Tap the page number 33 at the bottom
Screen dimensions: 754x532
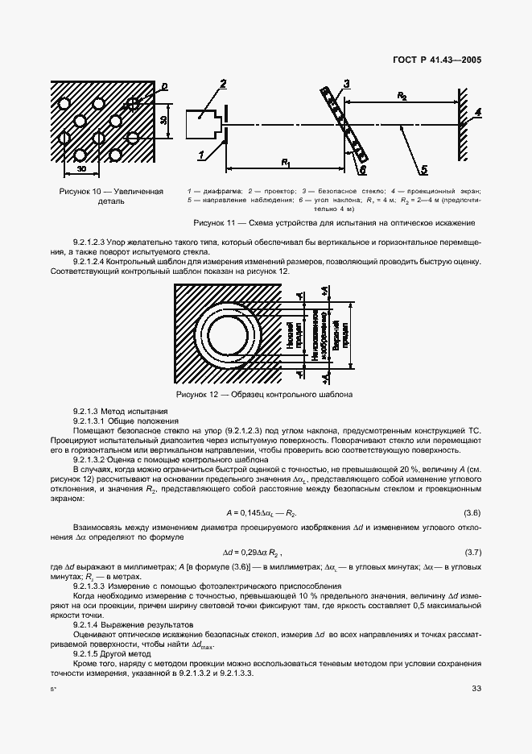pyautogui.click(x=475, y=687)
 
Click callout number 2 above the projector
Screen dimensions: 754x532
pyautogui.click(x=223, y=84)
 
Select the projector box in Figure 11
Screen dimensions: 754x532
pyautogui.click(x=202, y=126)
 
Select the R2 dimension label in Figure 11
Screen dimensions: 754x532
pyautogui.click(x=402, y=95)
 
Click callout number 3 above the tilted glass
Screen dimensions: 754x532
pyautogui.click(x=345, y=84)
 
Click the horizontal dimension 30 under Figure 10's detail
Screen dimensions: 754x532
pyautogui.click(x=81, y=170)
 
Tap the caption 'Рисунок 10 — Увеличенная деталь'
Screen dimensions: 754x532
pyautogui.click(x=111, y=197)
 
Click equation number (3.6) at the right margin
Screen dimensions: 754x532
pyautogui.click(x=472, y=512)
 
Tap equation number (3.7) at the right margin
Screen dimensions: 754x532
pyautogui.click(x=472, y=552)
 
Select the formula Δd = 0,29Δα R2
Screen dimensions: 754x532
pyautogui.click(x=253, y=553)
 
